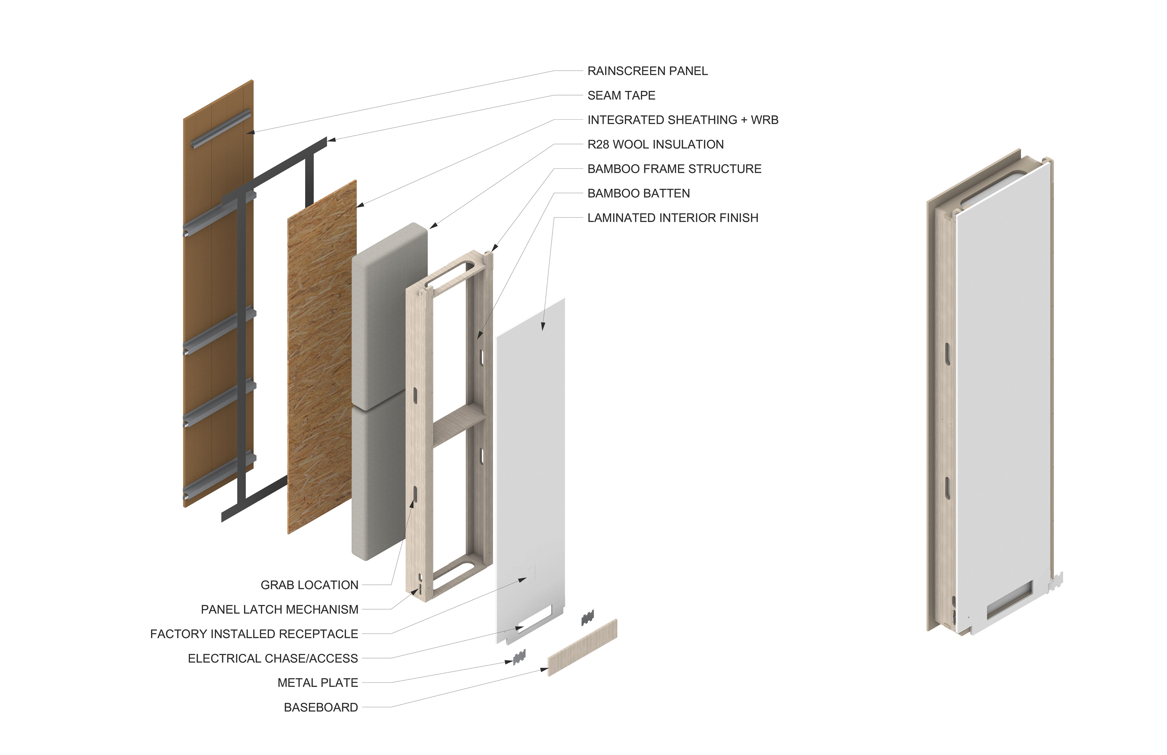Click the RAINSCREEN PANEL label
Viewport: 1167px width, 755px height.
647,71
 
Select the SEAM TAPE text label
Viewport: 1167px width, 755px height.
621,96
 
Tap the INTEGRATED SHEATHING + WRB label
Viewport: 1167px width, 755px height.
683,120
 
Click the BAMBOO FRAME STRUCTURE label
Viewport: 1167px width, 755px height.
674,169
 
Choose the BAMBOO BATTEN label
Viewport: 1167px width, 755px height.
639,194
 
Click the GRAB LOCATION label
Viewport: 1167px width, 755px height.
309,585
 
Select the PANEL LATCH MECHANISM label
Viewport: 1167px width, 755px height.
280,609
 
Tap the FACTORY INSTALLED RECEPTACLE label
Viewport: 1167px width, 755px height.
254,634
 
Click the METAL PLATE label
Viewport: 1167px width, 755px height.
318,683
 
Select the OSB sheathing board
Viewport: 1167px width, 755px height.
322,358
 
